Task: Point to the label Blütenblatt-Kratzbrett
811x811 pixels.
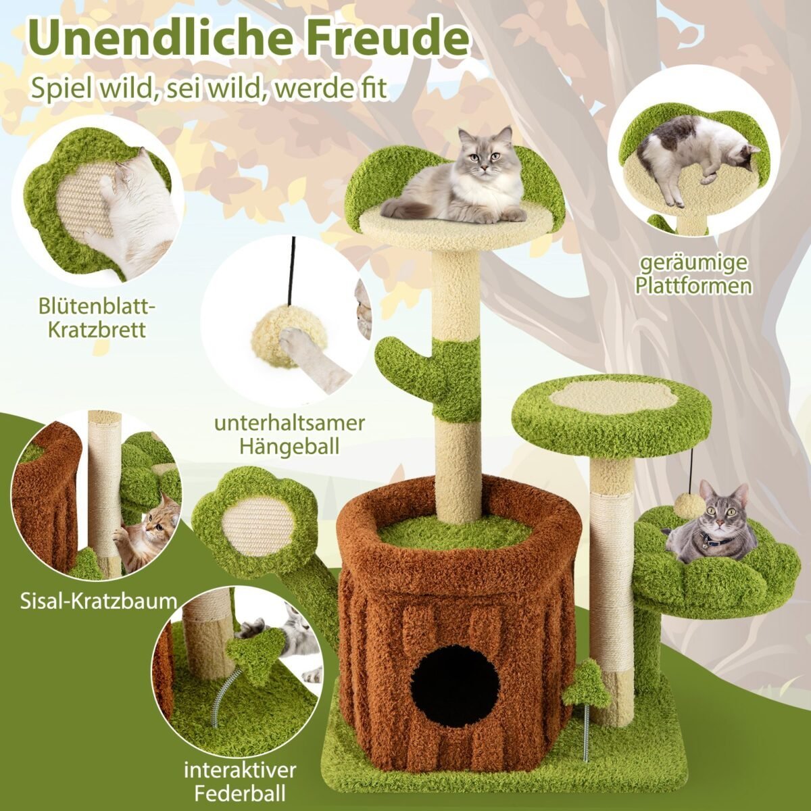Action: coord(97,318)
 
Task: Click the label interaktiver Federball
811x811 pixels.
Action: coord(240,781)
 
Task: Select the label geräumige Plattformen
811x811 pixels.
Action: coord(695,274)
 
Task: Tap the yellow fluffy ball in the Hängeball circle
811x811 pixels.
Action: coord(277,335)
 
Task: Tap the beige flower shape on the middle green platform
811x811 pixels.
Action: coord(613,397)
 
